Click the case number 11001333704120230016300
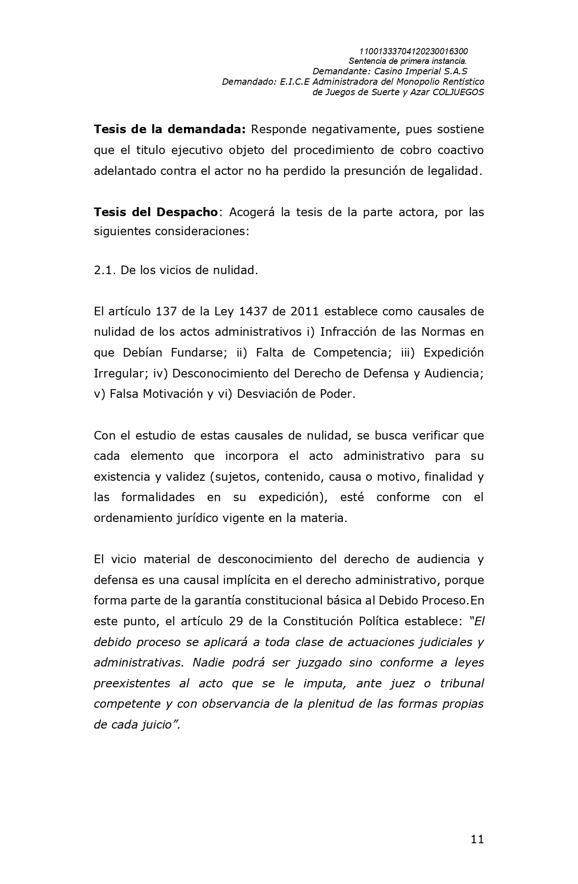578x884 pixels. pos(413,51)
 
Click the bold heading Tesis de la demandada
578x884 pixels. pos(169,130)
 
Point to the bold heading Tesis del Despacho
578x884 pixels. pos(156,212)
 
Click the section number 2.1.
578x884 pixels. pos(105,271)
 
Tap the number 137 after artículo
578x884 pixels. pos(168,312)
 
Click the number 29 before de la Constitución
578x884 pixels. pos(236,621)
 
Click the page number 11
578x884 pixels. pos(477,840)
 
